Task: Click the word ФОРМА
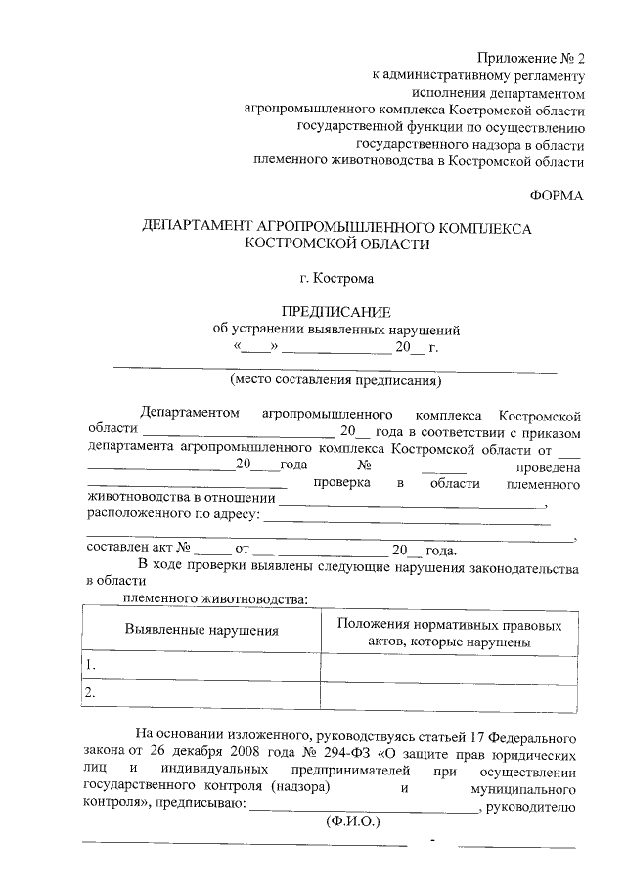[x=558, y=197]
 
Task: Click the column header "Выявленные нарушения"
[x=201, y=631]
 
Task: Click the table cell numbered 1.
[x=201, y=665]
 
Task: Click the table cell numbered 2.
[x=201, y=692]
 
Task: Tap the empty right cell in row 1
[x=448, y=665]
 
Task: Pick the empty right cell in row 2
[x=448, y=692]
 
